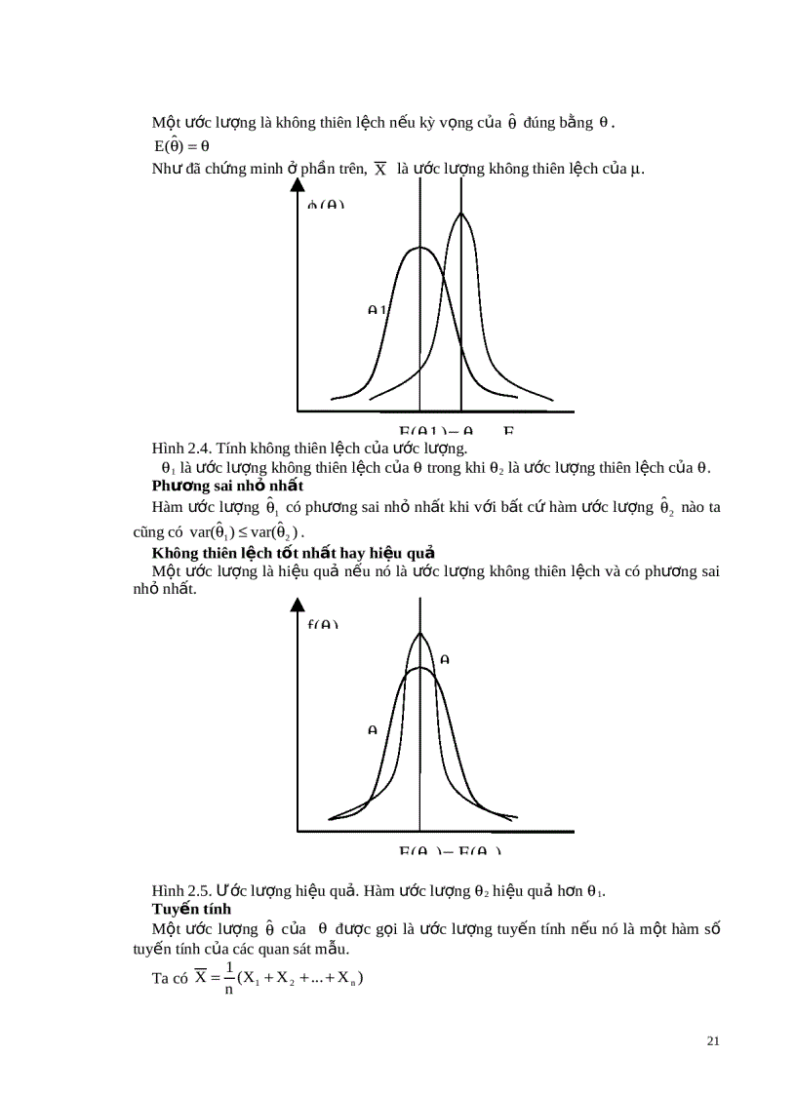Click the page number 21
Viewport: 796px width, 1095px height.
712,1041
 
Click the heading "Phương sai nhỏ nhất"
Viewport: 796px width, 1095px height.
227,486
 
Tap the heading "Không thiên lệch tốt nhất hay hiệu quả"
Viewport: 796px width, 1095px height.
293,553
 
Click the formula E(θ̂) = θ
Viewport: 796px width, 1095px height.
181,146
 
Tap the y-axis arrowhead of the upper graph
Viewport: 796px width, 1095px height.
297,189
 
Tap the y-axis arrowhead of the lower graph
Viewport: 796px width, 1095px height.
297,606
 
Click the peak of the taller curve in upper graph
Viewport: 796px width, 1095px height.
461,214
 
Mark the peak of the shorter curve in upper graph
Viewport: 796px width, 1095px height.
419,248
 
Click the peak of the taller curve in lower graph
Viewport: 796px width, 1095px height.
420,633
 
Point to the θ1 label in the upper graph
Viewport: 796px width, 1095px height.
377,309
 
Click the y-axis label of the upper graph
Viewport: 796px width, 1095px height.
326,206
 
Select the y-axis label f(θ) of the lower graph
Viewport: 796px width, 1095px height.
323,625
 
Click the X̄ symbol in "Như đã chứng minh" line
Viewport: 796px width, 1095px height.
380,170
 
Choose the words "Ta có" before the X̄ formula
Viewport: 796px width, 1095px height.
169,980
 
